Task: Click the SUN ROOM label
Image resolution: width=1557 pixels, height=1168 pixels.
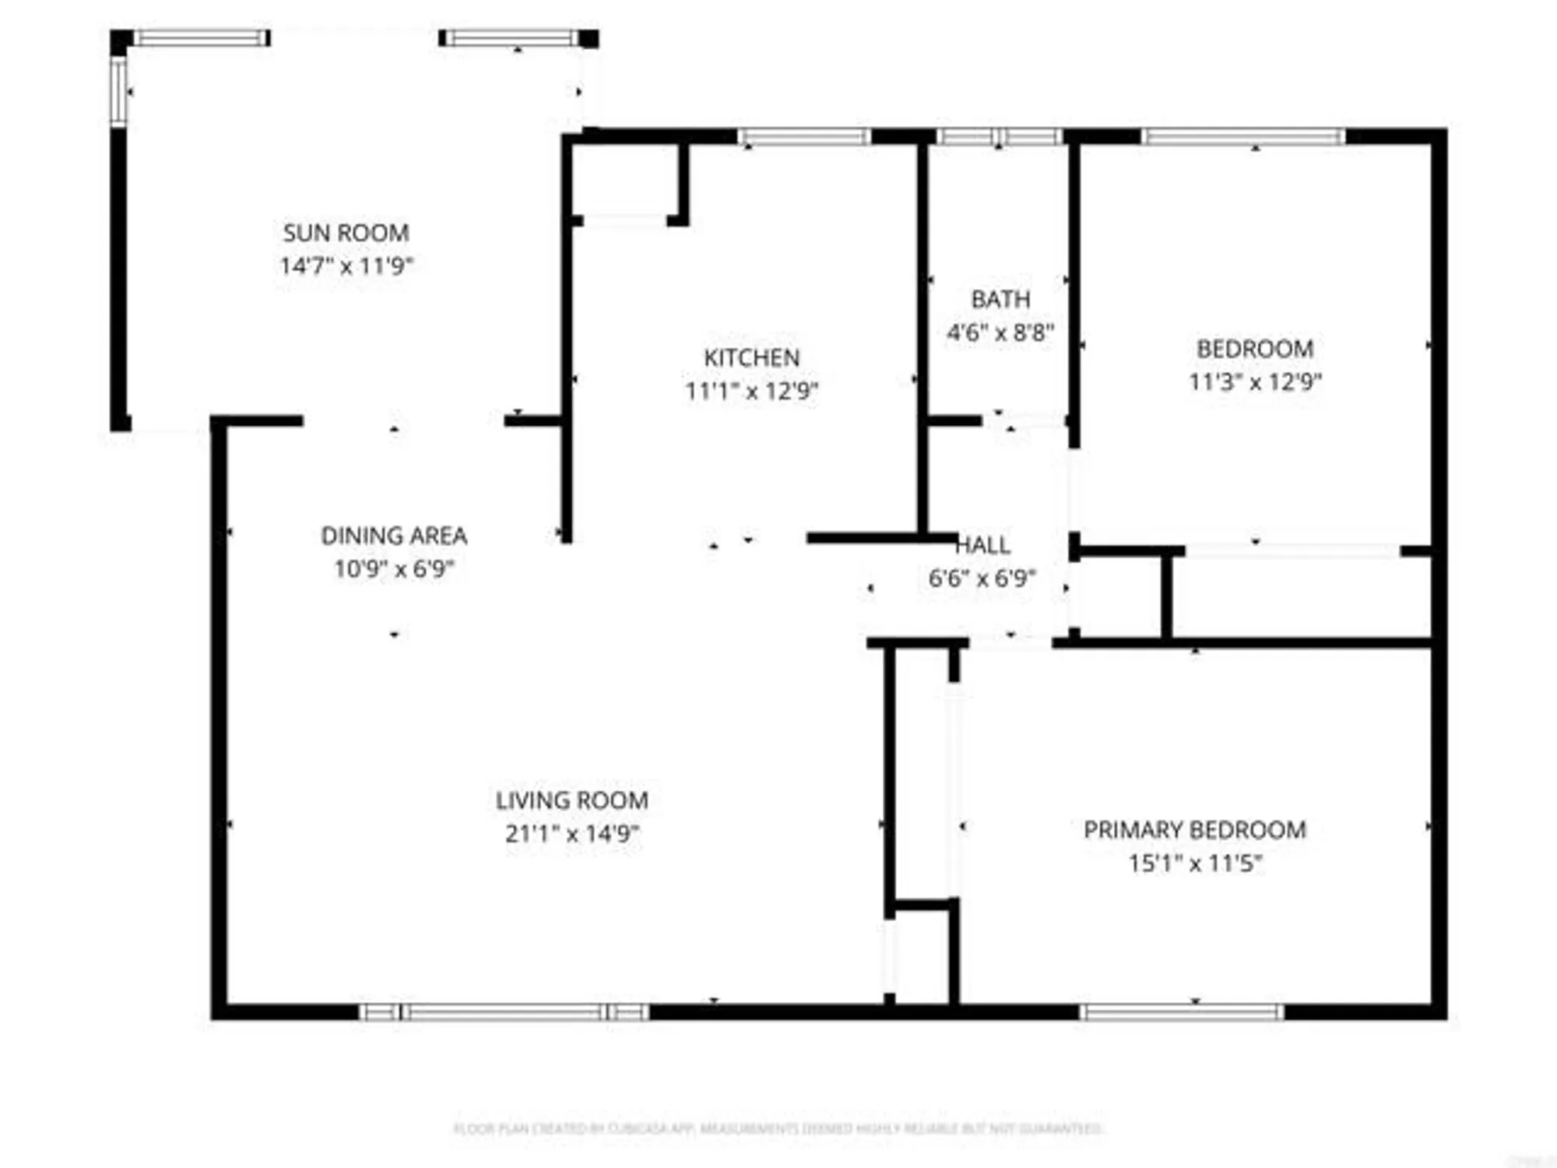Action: (x=346, y=233)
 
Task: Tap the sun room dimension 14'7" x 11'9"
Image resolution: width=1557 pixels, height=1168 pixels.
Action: (x=346, y=266)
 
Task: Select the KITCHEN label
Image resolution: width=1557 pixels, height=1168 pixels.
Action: (x=751, y=357)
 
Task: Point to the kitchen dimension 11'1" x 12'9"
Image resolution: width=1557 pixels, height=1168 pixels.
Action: (x=751, y=391)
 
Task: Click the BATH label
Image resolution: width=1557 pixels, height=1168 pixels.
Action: (x=1000, y=299)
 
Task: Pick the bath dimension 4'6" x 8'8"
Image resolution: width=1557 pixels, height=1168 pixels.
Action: (x=1000, y=333)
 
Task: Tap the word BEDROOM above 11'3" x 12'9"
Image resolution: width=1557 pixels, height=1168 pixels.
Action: (x=1255, y=349)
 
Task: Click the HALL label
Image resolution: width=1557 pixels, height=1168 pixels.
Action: (x=982, y=545)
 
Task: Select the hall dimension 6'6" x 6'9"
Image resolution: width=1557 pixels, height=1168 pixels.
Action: (x=982, y=579)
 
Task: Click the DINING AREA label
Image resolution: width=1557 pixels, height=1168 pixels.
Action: (x=394, y=536)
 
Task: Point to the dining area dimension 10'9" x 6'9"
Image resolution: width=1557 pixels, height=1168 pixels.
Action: (x=394, y=569)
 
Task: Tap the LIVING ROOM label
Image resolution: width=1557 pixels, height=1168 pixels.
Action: (x=572, y=800)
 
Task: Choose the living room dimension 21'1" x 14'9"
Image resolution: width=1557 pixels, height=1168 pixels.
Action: (x=572, y=834)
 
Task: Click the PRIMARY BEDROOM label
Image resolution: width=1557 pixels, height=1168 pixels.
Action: (x=1195, y=830)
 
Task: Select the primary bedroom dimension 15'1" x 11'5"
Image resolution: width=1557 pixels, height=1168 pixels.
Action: (x=1195, y=864)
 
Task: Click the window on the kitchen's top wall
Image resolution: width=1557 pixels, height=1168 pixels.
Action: (x=804, y=137)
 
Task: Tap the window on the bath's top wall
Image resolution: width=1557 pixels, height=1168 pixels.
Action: (x=1000, y=137)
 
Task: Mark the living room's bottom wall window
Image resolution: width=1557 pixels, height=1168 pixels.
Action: (x=504, y=1012)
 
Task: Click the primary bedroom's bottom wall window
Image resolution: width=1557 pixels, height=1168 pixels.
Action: (x=1181, y=1012)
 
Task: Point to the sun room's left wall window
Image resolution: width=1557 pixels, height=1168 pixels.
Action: (x=118, y=92)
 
